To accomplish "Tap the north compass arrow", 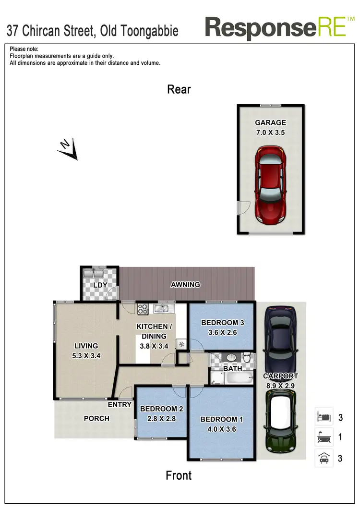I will pyautogui.click(x=68, y=149).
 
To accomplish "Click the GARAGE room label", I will pyautogui.click(x=270, y=123).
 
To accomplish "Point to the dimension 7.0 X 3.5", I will pyautogui.click(x=270, y=133).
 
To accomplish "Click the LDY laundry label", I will pyautogui.click(x=100, y=285).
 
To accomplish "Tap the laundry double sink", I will pyautogui.click(x=94, y=274).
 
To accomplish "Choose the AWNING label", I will pyautogui.click(x=185, y=285).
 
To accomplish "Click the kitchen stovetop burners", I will pyautogui.click(x=143, y=309).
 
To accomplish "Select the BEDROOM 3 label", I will pyautogui.click(x=222, y=323).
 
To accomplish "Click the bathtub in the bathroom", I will pyautogui.click(x=239, y=378).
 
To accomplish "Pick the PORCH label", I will pyautogui.click(x=96, y=418).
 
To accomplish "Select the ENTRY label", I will pyautogui.click(x=120, y=404).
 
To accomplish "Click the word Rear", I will pyautogui.click(x=179, y=89).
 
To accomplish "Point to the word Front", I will pyautogui.click(x=179, y=475).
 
